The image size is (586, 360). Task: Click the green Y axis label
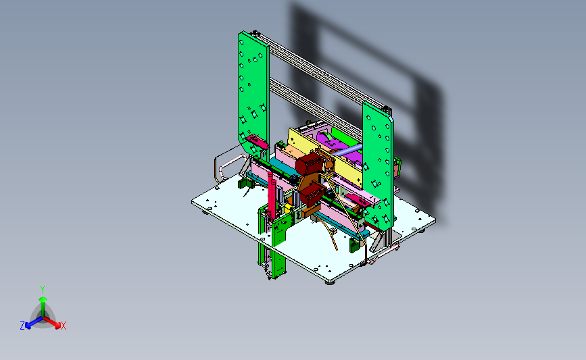tap(43, 290)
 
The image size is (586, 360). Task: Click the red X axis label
tap(63, 326)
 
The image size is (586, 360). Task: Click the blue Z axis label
tap(22, 326)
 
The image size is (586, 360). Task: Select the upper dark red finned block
tap(308, 164)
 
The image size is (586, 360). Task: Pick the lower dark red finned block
tap(311, 195)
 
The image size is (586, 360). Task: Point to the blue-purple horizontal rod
tap(347, 150)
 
